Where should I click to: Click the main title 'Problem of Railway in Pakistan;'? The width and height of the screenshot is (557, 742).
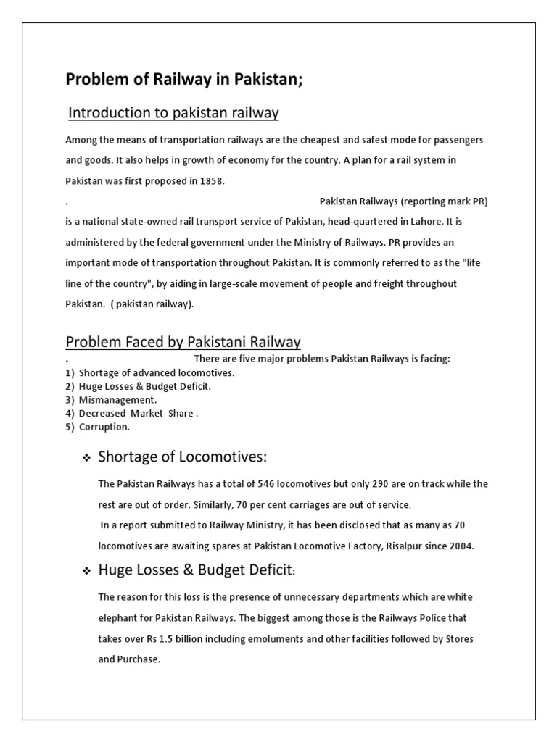click(x=184, y=80)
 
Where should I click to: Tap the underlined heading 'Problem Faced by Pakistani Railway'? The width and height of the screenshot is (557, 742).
click(x=183, y=342)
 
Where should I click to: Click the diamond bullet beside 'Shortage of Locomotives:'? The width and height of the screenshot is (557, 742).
click(x=86, y=459)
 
